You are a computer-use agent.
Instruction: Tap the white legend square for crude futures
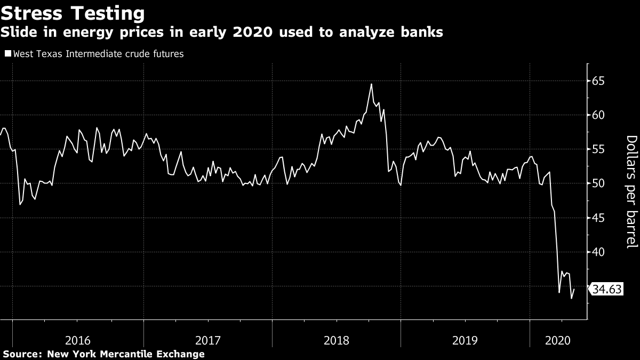7,54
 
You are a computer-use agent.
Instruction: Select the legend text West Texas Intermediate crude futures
98,54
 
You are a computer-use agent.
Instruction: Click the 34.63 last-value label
607,290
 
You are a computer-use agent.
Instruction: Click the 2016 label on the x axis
78,340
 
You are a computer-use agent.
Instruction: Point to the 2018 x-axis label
337,340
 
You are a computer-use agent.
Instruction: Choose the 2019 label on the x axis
465,340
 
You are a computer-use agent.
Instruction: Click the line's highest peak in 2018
371,84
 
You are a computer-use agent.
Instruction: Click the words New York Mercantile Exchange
126,354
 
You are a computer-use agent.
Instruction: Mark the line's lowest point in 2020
571,298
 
